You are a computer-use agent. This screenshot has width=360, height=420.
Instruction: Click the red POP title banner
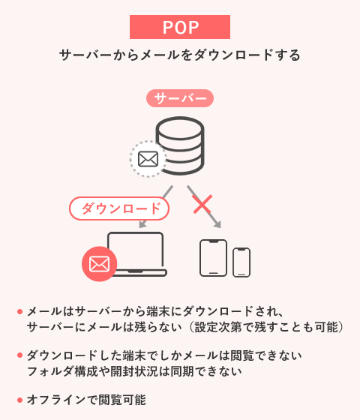(180, 27)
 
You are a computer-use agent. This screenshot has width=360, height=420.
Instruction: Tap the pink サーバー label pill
(180, 98)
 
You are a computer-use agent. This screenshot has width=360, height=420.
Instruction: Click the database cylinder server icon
(180, 145)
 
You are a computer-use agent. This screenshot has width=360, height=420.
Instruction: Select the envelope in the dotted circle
(148, 159)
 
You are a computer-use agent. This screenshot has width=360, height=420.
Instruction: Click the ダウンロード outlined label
(119, 208)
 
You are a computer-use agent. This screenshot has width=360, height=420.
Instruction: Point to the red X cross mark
(202, 204)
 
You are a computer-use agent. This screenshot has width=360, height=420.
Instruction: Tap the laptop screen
(136, 250)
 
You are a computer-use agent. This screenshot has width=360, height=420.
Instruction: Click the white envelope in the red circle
(99, 264)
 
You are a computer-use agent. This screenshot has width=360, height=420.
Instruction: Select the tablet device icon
(214, 258)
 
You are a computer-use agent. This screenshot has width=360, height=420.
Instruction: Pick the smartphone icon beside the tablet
(241, 262)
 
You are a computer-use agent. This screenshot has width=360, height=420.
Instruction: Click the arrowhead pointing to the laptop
(142, 224)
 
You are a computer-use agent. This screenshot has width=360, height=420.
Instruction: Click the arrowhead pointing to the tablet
(217, 224)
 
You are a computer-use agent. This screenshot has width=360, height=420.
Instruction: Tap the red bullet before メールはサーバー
(19, 311)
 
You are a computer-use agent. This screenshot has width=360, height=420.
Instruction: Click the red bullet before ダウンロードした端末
(19, 355)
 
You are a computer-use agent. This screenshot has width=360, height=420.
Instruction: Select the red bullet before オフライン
(19, 400)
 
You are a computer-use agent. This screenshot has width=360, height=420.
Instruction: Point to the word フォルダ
(50, 371)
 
